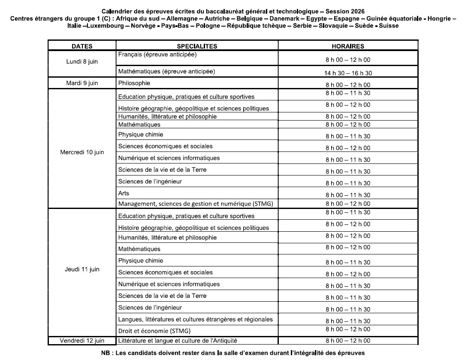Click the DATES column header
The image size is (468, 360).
[x=82, y=46]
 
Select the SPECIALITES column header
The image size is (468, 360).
[x=197, y=46]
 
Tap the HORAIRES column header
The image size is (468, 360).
[x=348, y=46]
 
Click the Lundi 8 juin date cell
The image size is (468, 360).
[x=82, y=61]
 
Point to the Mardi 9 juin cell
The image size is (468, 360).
[x=82, y=83]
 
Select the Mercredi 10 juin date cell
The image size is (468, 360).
[x=82, y=152]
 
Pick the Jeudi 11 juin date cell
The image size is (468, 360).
[x=82, y=269]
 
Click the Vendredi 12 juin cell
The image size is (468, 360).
[x=82, y=341]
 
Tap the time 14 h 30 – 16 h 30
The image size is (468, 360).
[x=348, y=73]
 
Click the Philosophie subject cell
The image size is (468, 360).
[x=134, y=83]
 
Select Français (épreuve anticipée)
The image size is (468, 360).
[x=157, y=55]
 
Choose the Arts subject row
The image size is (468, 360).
[x=124, y=194]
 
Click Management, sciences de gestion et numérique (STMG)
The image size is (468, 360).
[x=196, y=204]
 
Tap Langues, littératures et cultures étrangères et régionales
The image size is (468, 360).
[x=195, y=319]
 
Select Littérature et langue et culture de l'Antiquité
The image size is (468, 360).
[x=178, y=341]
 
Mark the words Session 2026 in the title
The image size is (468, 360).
[x=350, y=11]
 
